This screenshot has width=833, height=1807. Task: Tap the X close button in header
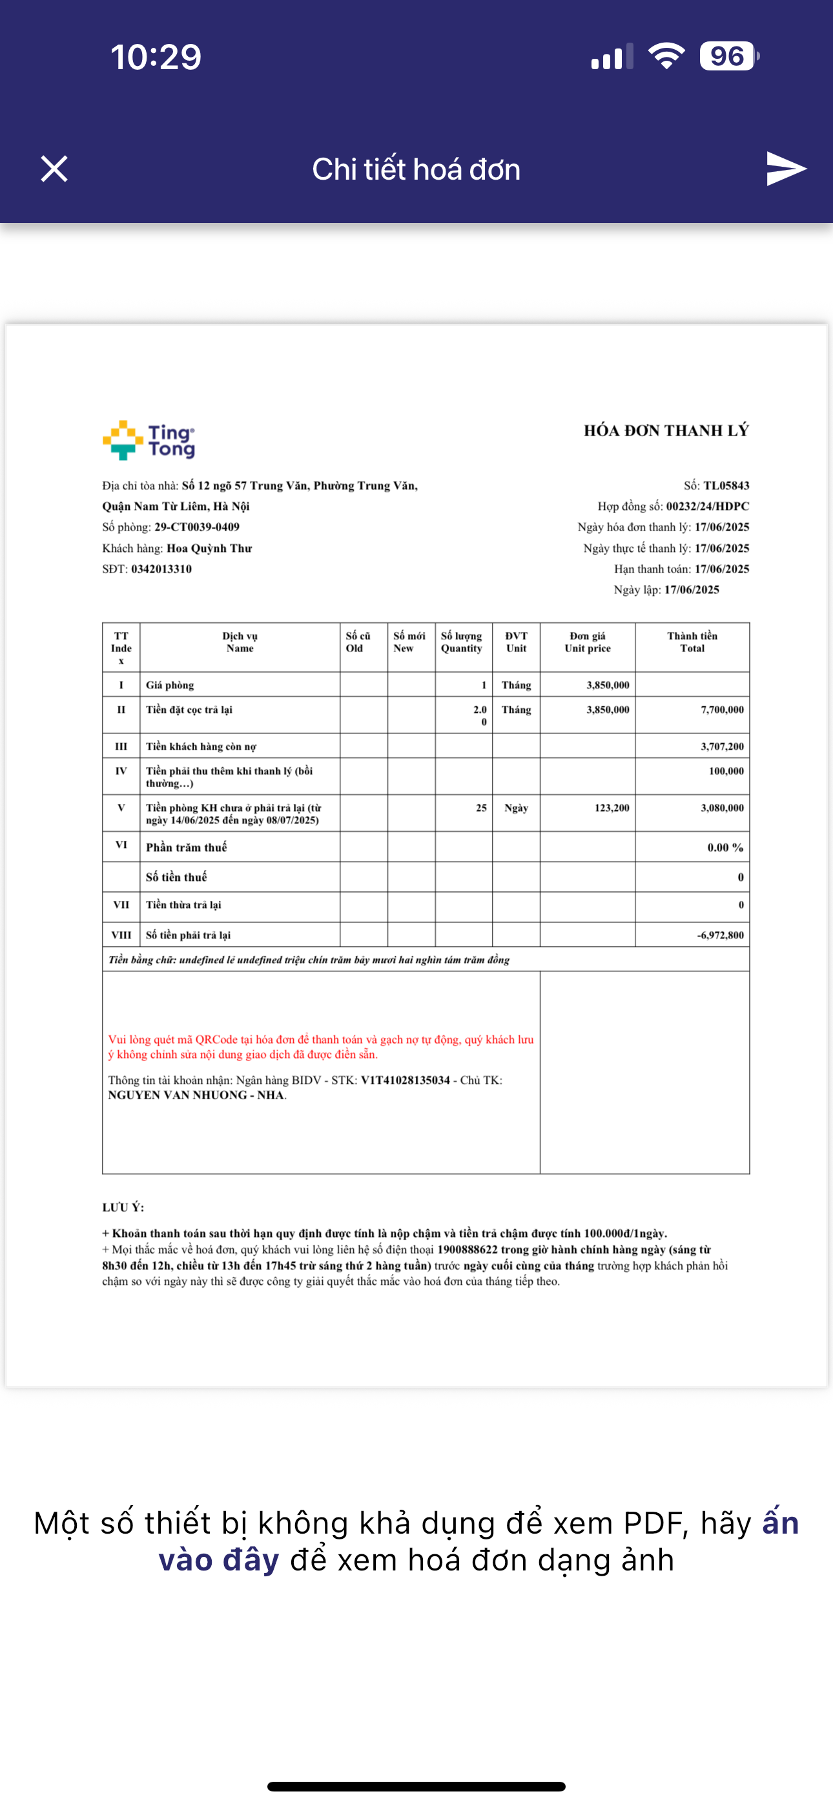coord(54,169)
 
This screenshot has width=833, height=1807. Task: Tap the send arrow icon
coord(786,169)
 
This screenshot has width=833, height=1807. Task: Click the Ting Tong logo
coord(149,441)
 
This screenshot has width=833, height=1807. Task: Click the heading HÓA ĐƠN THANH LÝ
coord(666,430)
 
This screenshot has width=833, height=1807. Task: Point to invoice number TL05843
coord(726,485)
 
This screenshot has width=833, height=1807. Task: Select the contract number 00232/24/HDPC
coord(708,507)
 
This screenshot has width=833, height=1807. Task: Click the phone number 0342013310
coord(161,569)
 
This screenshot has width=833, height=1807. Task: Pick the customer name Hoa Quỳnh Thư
coord(209,549)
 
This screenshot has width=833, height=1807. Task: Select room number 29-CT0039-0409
coord(197,527)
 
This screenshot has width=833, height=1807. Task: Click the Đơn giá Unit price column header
coord(588,642)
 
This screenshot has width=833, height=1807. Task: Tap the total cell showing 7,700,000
coord(722,710)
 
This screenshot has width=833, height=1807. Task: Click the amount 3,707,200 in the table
coord(722,746)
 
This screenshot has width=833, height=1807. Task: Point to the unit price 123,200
coord(612,808)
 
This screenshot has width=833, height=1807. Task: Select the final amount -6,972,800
coord(720,935)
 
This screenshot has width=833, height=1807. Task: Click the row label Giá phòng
coord(170,685)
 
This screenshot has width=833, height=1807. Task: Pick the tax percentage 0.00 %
coord(725,847)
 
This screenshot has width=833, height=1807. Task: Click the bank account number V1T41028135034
coord(406,1081)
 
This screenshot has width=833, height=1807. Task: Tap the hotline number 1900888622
coord(467,1249)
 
